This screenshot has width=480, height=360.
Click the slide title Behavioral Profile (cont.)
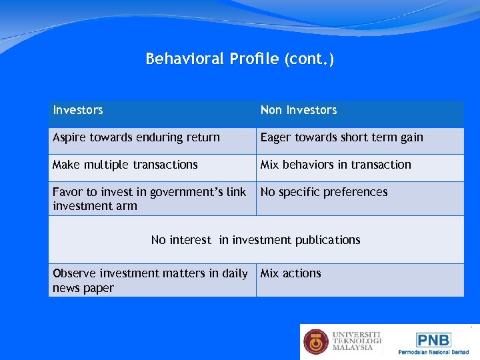240,59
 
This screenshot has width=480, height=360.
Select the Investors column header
78,110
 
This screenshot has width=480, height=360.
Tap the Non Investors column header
299,110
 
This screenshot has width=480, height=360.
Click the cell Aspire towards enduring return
136,137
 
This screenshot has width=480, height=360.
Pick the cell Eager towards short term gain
341,137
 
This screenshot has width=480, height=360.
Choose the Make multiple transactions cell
125,165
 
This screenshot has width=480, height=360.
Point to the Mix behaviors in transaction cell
335,165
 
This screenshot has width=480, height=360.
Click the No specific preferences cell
323,192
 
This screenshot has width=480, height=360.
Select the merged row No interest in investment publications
255,240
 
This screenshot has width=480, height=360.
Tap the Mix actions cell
291,273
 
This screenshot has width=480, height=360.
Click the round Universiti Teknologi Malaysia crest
316,341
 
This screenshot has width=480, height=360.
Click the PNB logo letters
433,340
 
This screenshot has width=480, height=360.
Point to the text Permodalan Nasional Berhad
433,352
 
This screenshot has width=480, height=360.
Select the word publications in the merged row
327,240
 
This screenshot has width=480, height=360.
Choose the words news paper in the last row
83,288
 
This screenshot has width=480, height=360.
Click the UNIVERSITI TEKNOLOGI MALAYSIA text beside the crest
357,341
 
